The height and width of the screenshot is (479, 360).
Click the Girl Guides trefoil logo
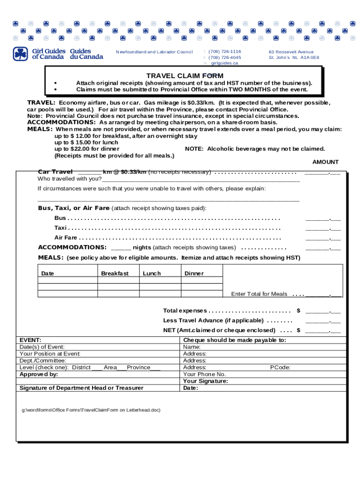[21, 54]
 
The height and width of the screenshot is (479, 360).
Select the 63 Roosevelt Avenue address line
[291, 51]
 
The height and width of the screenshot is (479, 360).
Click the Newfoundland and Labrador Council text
[154, 51]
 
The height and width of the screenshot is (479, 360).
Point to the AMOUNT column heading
[325, 162]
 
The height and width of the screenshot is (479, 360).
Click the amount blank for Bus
[323, 218]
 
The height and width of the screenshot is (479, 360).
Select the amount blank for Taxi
[323, 228]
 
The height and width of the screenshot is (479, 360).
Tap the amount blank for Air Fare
[323, 238]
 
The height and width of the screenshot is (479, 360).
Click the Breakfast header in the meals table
[115, 274]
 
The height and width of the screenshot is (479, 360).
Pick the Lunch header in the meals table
[151, 274]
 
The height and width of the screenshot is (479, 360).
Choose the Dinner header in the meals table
[194, 274]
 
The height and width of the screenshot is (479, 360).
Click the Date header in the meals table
[47, 274]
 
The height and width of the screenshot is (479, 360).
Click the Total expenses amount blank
[323, 311]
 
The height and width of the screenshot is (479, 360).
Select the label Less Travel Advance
[213, 320]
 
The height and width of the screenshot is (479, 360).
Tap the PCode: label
[280, 367]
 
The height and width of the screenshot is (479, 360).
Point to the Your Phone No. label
[204, 374]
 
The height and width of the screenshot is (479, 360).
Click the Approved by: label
[39, 374]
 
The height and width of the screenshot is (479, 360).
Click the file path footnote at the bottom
[91, 410]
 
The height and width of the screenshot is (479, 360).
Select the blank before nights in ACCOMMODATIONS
[121, 247]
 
